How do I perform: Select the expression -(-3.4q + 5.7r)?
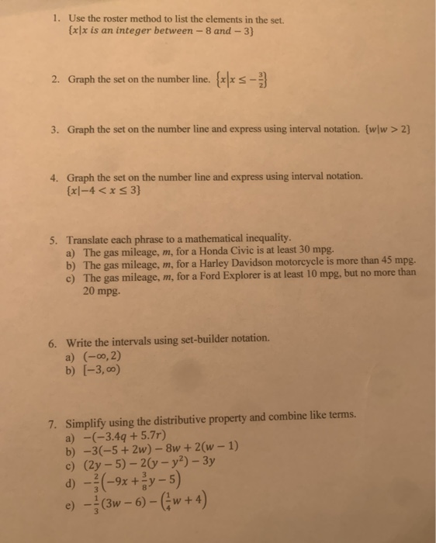pyautogui.click(x=124, y=437)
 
